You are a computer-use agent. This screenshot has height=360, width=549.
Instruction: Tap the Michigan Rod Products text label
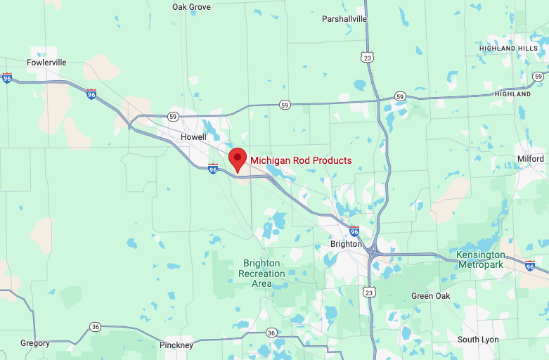tap(301, 160)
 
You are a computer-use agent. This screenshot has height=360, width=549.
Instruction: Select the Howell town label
tap(193, 136)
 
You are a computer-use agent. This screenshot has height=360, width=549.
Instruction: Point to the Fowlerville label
tap(46, 63)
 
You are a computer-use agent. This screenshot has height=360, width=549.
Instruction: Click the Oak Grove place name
tap(191, 7)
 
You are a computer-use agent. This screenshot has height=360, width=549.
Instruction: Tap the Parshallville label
tap(344, 19)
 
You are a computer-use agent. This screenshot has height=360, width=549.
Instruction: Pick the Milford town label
tap(531, 159)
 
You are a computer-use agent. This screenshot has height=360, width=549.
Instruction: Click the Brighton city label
tap(346, 244)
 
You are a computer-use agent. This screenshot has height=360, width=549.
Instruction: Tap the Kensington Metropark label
tap(480, 259)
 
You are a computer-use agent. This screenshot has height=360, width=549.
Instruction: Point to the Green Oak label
tap(431, 296)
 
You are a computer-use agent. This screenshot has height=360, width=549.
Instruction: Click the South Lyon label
tap(478, 340)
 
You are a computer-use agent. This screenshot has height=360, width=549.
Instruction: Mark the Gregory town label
tap(35, 343)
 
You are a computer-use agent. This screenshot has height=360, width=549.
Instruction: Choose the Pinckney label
tap(176, 345)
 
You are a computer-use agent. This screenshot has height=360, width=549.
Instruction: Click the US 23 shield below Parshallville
tap(368, 58)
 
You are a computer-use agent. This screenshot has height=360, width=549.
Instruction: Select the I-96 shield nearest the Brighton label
tap(354, 231)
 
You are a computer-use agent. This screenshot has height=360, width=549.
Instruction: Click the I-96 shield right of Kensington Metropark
tap(530, 265)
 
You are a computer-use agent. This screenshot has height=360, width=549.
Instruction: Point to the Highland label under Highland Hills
tap(512, 94)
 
